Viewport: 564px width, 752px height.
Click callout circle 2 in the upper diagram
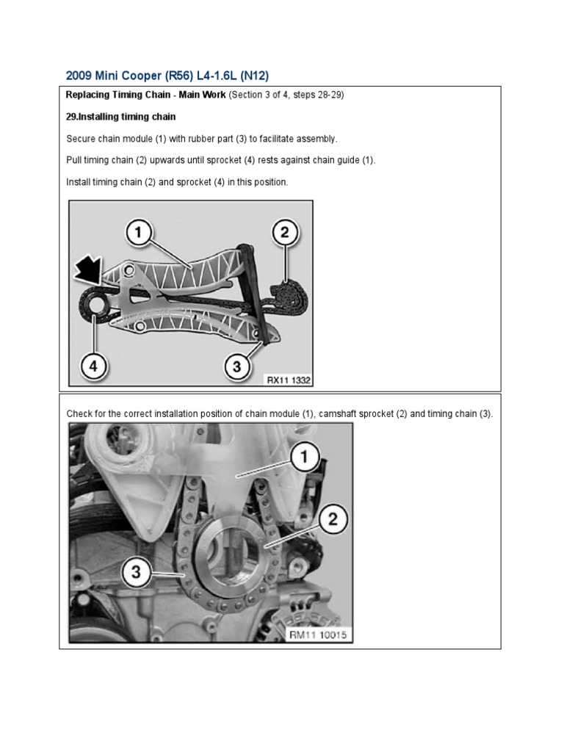pyautogui.click(x=284, y=234)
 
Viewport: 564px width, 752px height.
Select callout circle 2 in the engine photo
pyautogui.click(x=332, y=519)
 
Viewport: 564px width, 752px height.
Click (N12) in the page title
pyautogui.click(x=258, y=76)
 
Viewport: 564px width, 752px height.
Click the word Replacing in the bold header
pyautogui.click(x=87, y=95)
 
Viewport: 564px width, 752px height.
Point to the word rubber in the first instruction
pyautogui.click(x=205, y=139)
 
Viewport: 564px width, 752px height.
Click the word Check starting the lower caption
pyautogui.click(x=79, y=414)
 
